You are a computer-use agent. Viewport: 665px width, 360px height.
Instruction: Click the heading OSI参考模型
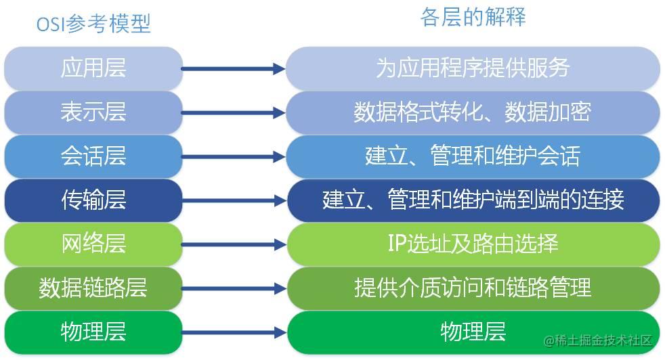[93, 24]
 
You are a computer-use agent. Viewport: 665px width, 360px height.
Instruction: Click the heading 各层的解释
[473, 17]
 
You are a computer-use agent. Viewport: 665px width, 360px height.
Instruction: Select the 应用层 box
[93, 68]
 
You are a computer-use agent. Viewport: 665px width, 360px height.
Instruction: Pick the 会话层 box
[93, 156]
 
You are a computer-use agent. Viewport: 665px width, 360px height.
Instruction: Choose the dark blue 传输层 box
[93, 200]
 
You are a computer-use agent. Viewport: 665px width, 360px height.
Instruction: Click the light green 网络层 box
[93, 244]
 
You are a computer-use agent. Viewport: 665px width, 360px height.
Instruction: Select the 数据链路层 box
[93, 288]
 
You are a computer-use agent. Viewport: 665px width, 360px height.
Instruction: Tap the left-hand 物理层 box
[93, 332]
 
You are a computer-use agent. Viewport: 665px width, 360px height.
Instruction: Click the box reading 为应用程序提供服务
[473, 68]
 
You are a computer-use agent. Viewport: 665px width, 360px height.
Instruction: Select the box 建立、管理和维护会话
[473, 156]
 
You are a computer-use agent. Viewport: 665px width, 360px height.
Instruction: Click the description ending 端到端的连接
[473, 200]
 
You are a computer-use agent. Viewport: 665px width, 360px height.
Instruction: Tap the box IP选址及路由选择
[473, 244]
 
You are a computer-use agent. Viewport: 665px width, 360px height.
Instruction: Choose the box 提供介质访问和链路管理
[473, 288]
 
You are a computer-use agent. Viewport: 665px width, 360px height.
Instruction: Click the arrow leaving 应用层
[234, 68]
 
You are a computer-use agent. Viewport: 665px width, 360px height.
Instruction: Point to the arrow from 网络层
[234, 244]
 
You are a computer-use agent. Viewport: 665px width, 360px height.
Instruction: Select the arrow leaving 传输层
[234, 200]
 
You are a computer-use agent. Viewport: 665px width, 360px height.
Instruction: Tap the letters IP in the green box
[397, 244]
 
